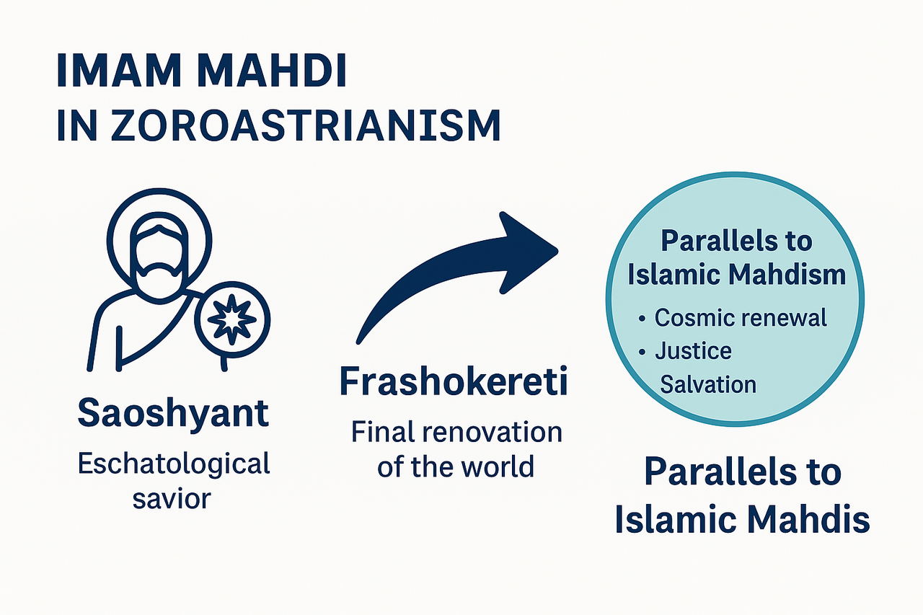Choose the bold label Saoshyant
pos(172,414)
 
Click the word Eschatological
pos(173,464)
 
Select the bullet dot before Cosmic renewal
pos(643,319)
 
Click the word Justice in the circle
pos(693,351)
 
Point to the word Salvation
pos(708,384)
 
